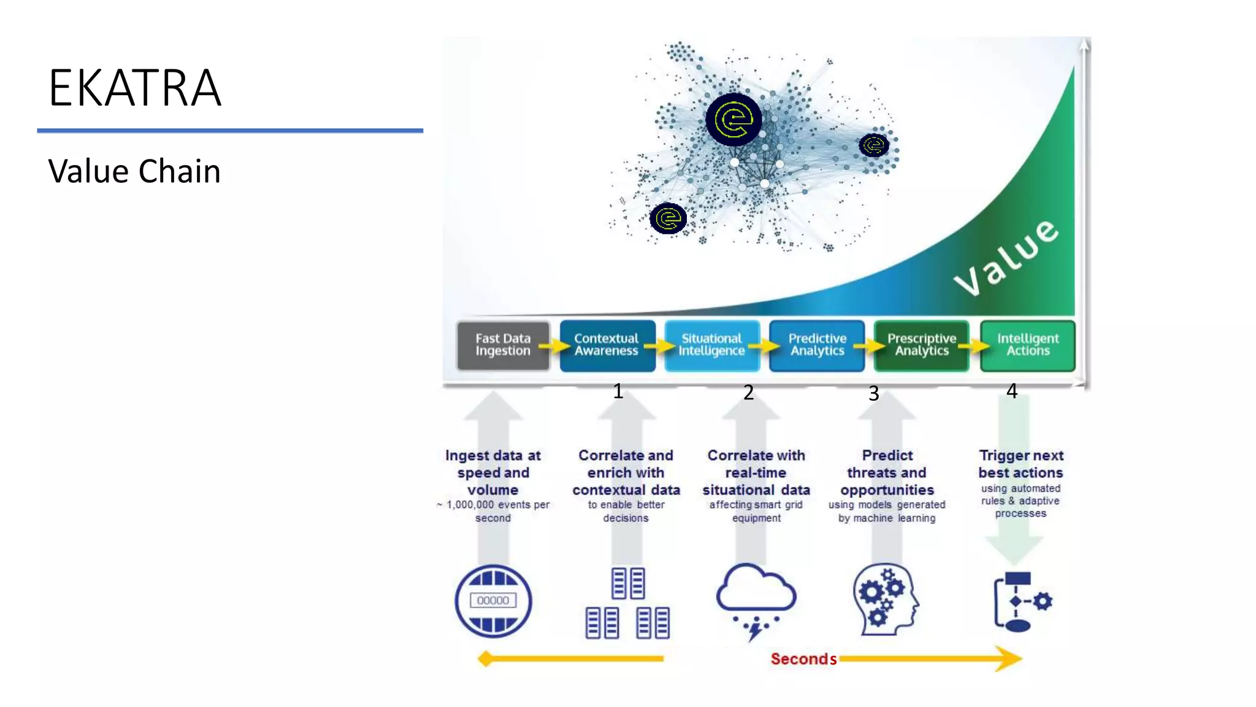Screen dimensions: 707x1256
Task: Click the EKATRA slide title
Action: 135,88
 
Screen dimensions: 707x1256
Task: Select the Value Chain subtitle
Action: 134,171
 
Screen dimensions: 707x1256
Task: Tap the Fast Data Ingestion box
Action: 503,345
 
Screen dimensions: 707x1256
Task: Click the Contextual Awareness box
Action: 607,345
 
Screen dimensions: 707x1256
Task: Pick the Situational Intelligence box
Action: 711,345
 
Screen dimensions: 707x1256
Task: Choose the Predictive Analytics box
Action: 817,345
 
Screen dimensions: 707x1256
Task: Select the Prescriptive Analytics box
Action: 921,345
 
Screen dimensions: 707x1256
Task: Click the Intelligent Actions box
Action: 1027,345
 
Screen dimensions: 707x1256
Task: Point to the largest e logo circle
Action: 734,119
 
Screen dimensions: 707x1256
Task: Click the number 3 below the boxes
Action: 874,393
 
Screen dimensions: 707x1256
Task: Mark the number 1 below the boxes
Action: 618,391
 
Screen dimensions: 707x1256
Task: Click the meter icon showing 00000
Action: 493,601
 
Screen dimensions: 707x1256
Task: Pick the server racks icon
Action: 627,603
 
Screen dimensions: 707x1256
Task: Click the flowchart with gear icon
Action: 1022,601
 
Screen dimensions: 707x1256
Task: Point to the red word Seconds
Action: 803,659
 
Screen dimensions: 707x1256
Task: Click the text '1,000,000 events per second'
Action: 494,511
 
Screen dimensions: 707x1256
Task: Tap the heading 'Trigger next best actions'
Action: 1020,464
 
